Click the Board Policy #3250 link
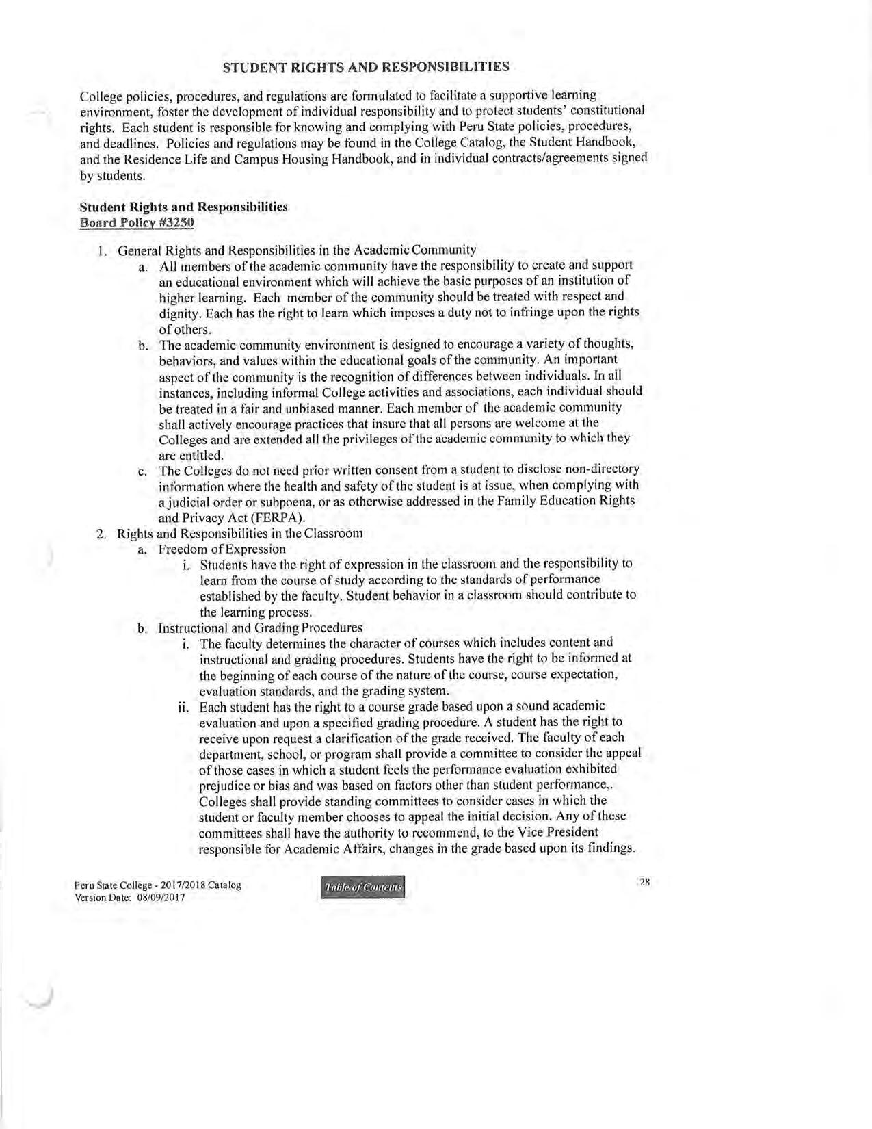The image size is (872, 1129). (137, 222)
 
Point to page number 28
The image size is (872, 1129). (644, 881)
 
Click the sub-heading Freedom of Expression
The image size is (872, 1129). (222, 549)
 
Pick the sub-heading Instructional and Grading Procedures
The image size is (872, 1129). (260, 627)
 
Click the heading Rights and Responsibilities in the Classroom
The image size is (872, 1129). (239, 533)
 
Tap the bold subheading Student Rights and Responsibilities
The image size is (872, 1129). (184, 207)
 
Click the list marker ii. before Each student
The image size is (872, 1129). (183, 706)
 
